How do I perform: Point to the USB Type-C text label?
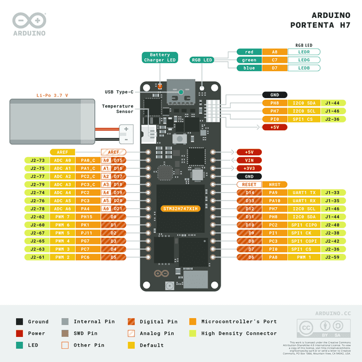pyautogui.click(x=119, y=92)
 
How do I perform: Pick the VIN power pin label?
pyautogui.click(x=249, y=160)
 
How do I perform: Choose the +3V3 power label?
pyautogui.click(x=249, y=168)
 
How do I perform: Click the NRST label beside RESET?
pyautogui.click(x=275, y=184)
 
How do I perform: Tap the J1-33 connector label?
pyautogui.click(x=333, y=192)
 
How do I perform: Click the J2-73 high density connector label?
pyautogui.click(x=37, y=160)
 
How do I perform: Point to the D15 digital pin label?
pyautogui.click(x=118, y=160)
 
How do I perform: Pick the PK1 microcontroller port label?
pyautogui.click(x=85, y=224)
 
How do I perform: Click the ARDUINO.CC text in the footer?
pyautogui.click(x=333, y=314)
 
